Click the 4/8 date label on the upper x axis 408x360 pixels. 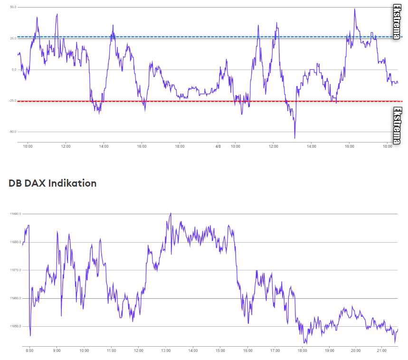(x=218, y=146)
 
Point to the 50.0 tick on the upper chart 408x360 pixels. (x=13, y=8)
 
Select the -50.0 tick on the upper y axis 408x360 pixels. (x=12, y=132)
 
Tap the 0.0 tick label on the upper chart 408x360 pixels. (x=14, y=70)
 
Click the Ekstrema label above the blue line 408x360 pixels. (x=397, y=21)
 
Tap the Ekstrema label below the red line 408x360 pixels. (x=398, y=125)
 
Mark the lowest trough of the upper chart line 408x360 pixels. (x=294, y=138)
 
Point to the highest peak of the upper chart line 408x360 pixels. (x=354, y=9)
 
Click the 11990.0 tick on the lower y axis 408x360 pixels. (x=14, y=214)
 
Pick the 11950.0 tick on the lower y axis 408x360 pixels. (x=14, y=327)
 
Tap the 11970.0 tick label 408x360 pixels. (x=14, y=270)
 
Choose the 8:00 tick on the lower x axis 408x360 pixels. (x=29, y=351)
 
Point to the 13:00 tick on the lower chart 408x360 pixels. (x=165, y=351)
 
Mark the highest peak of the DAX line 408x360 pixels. (x=171, y=213)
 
